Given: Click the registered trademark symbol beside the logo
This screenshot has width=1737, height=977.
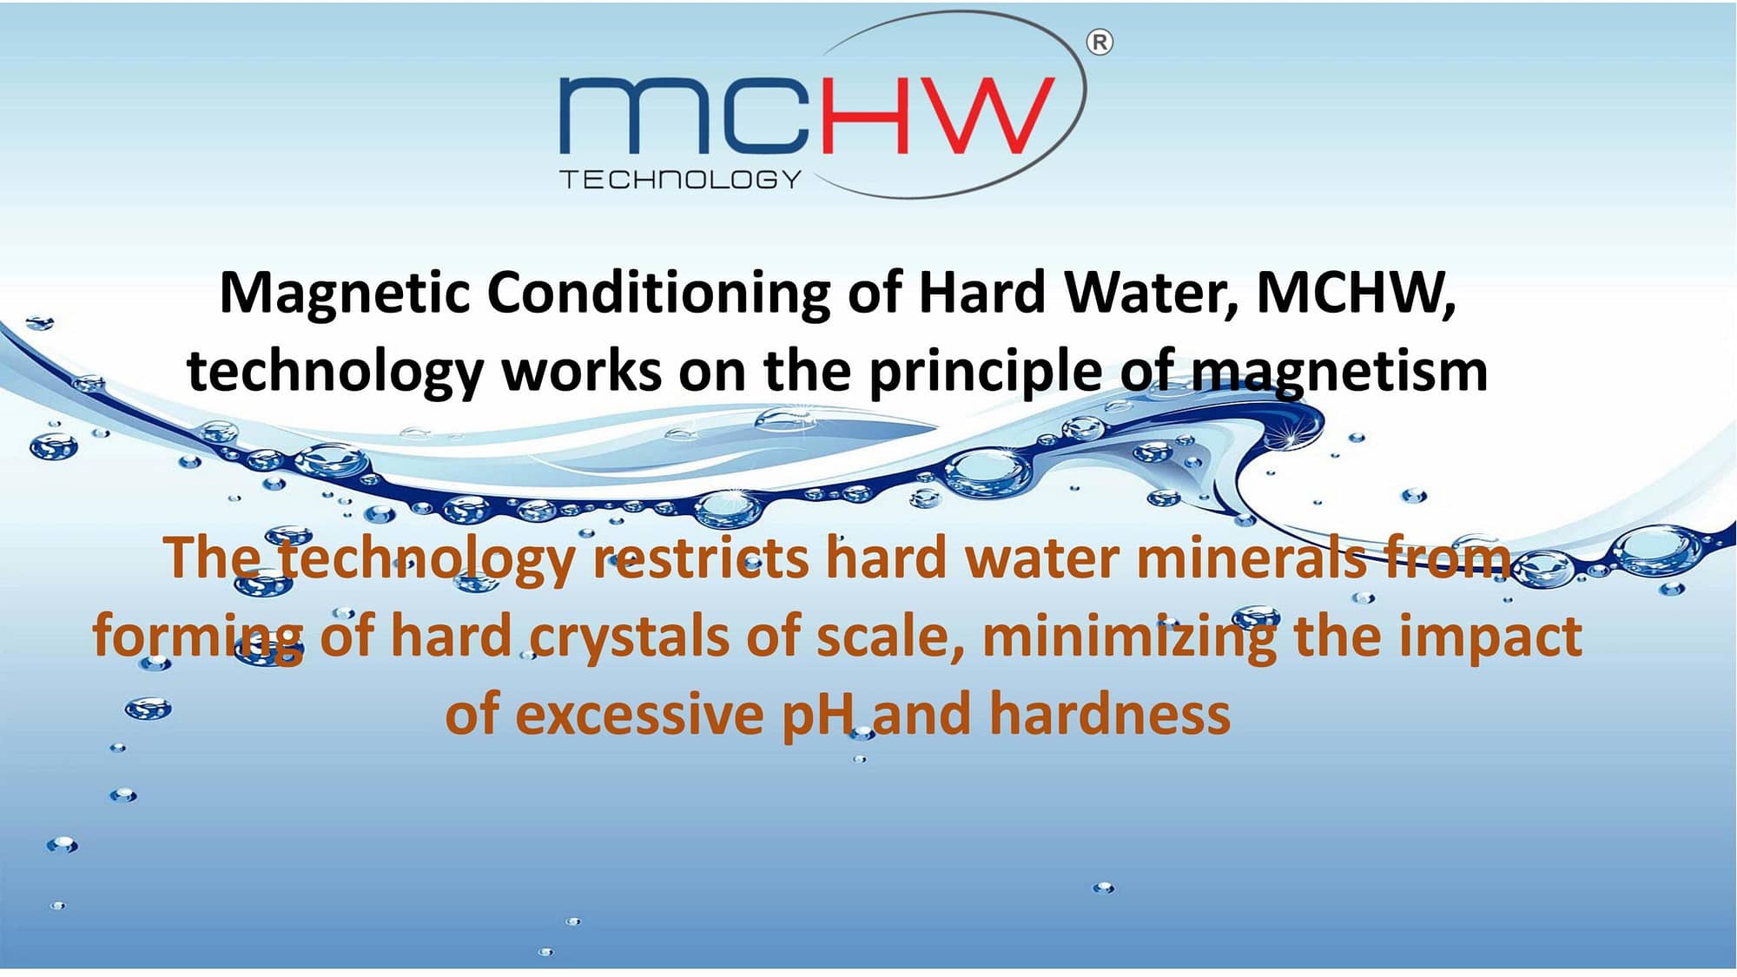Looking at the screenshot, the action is [1100, 42].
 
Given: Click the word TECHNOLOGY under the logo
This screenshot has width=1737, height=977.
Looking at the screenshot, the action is [680, 180].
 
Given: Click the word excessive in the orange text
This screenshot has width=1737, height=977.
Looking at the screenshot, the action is [639, 715].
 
